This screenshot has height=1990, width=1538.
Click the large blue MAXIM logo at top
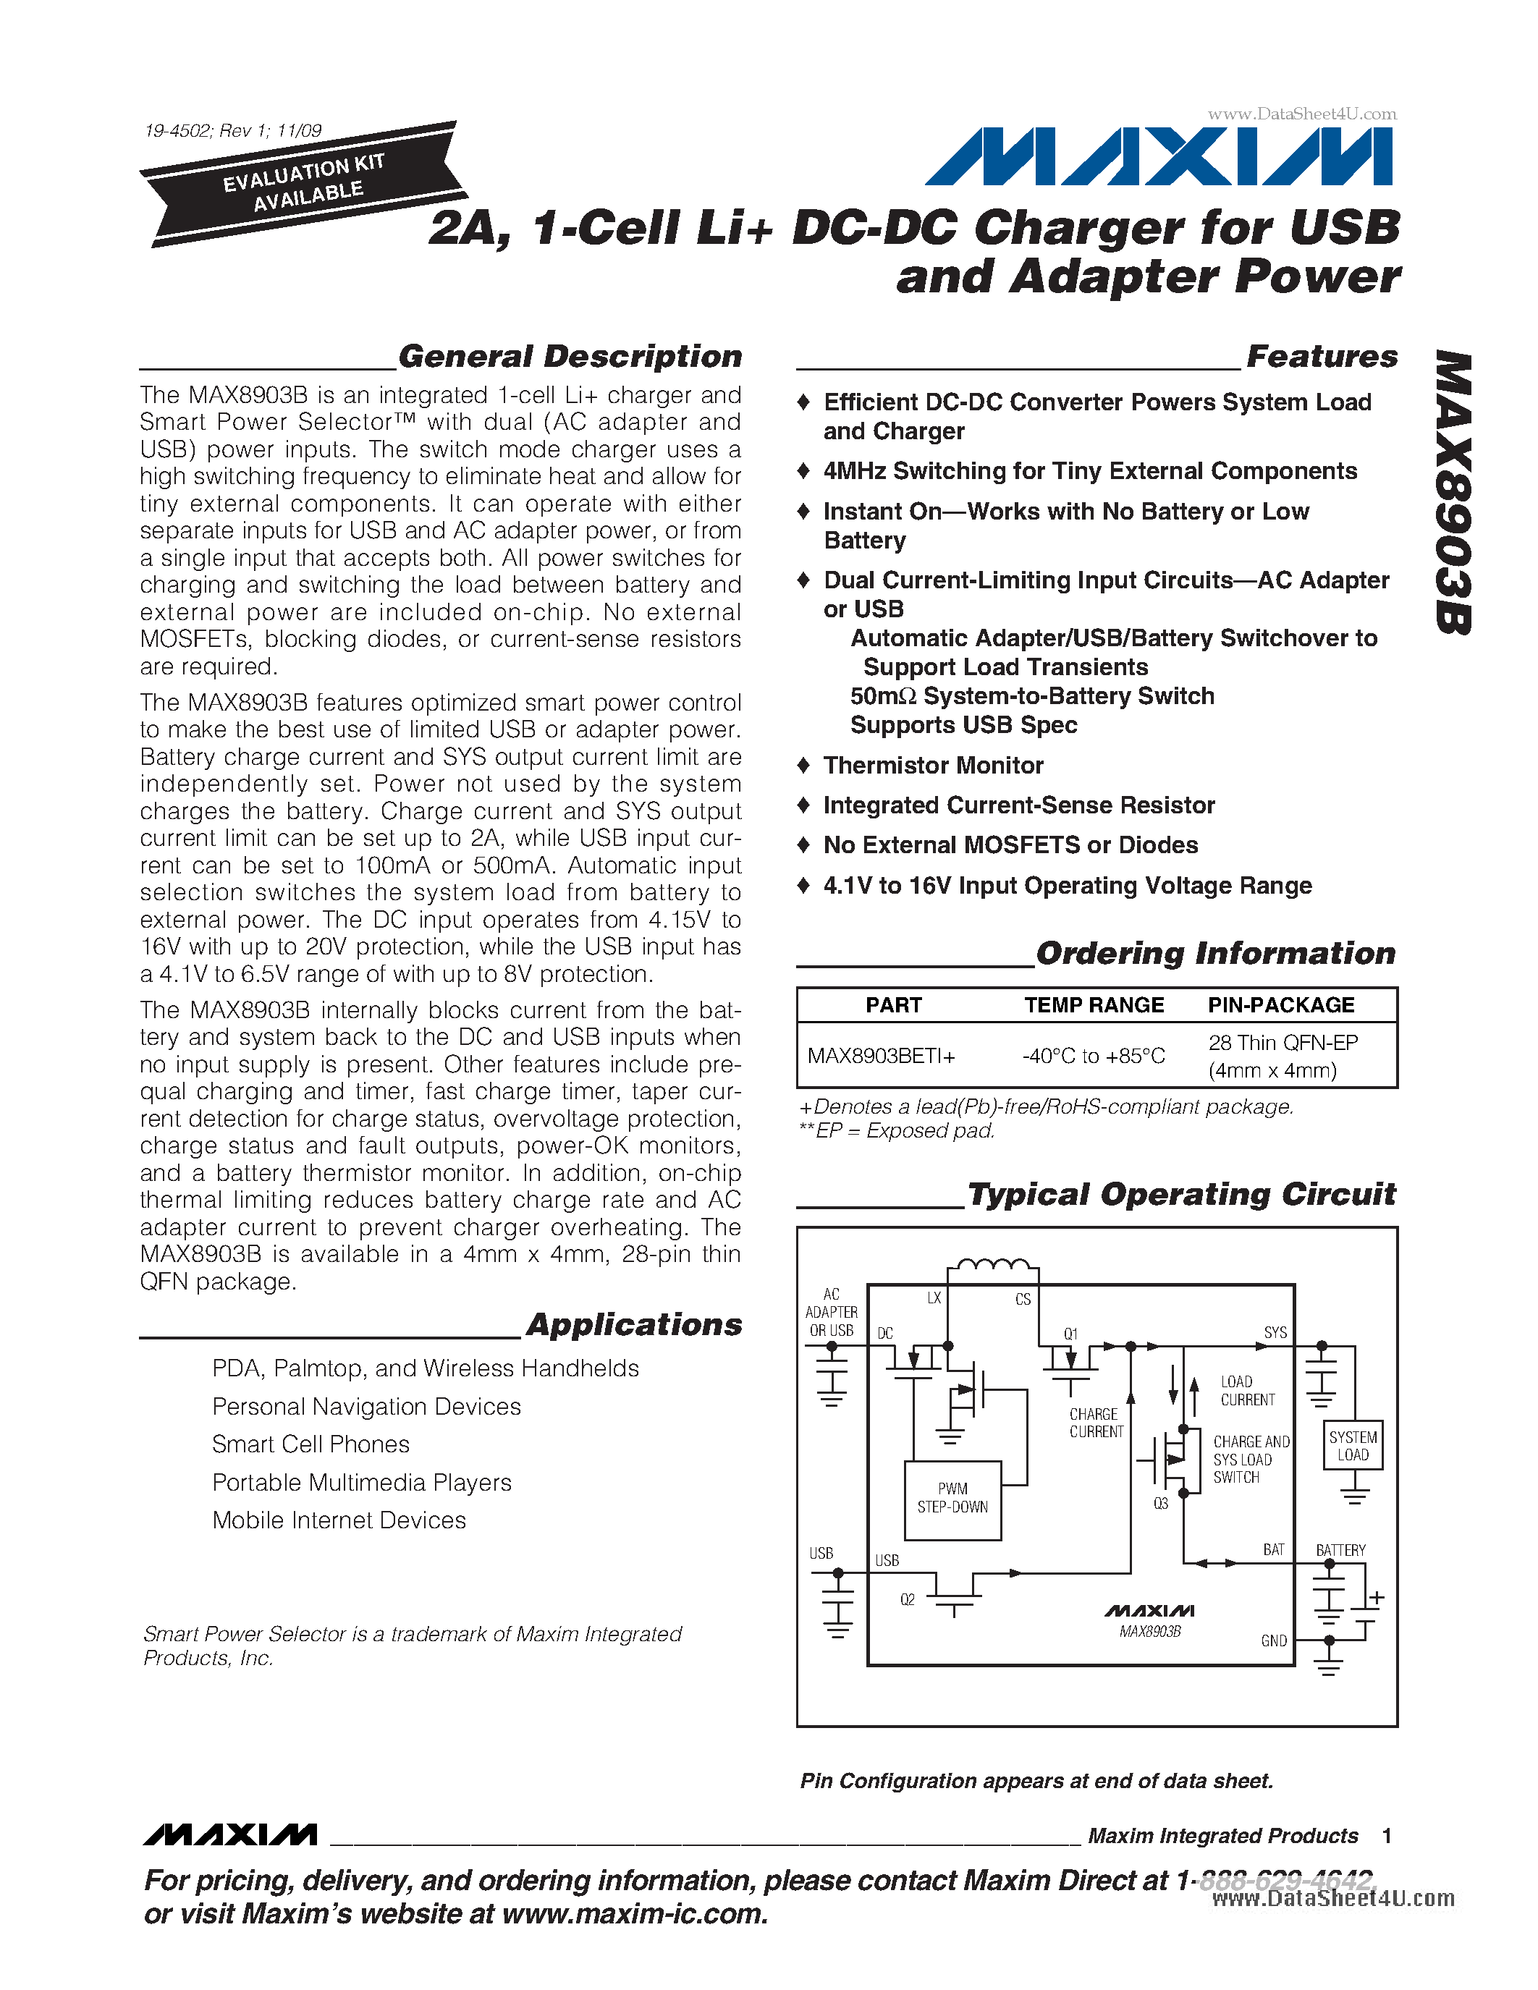1159,157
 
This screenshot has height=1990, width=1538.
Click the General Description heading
570,356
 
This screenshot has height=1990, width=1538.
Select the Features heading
1321,356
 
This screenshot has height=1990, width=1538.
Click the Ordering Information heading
1215,953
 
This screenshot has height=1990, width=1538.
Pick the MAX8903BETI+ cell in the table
881,1056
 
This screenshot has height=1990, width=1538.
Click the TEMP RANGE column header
1094,1005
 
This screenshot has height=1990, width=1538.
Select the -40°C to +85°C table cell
1094,1056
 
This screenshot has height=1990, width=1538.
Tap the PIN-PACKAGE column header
1281,1005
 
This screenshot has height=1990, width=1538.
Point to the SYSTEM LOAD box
1353,1446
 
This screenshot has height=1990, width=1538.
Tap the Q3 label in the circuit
1161,1504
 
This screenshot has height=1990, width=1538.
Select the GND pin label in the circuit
1274,1641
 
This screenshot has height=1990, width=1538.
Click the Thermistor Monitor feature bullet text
933,766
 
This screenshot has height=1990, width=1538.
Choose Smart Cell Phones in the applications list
310,1444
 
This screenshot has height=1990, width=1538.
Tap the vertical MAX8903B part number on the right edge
1453,492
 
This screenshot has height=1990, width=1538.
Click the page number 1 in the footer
1387,1836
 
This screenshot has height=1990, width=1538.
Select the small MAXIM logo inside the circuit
1149,1611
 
